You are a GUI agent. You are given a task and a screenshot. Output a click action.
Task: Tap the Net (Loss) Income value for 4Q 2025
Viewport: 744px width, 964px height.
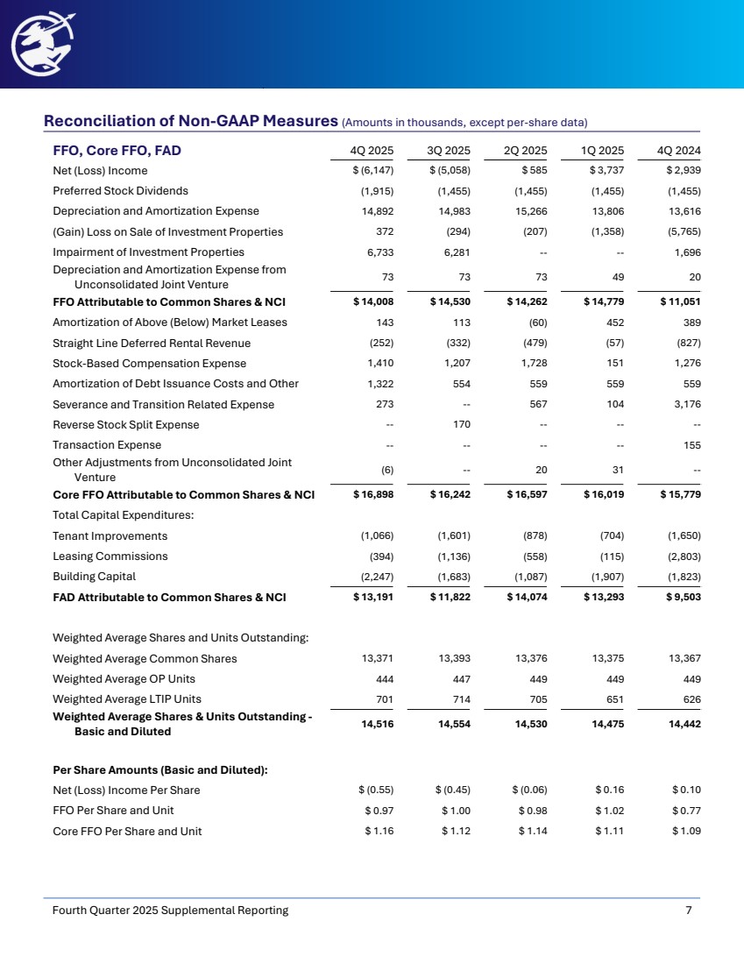pyautogui.click(x=371, y=171)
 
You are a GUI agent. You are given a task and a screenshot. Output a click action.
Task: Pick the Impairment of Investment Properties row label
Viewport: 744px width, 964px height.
pyautogui.click(x=148, y=252)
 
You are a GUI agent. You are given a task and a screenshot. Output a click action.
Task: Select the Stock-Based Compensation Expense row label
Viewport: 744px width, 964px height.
pyautogui.click(x=149, y=363)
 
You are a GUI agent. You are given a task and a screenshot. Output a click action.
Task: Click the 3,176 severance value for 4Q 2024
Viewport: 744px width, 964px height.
pyautogui.click(x=690, y=404)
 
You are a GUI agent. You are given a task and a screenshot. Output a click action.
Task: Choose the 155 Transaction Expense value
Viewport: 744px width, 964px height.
pyautogui.click(x=692, y=445)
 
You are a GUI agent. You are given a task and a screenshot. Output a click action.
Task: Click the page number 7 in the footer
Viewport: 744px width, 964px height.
pyautogui.click(x=689, y=911)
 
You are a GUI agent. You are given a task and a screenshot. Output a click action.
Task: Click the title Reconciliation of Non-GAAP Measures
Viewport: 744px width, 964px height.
pyautogui.click(x=191, y=120)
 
